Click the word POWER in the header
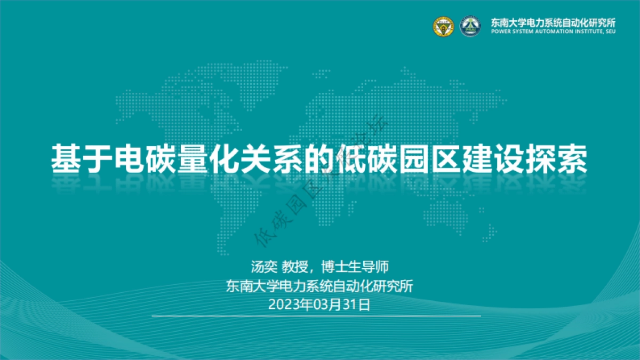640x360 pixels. pyautogui.click(x=499, y=31)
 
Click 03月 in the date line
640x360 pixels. pyautogui.click(x=327, y=305)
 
